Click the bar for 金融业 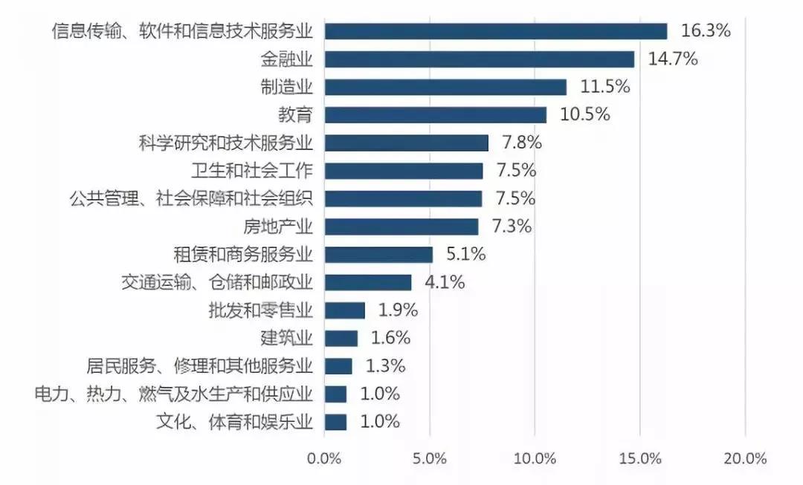coord(480,59)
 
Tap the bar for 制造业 coord(445,87)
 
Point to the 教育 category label coord(296,115)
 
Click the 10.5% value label coord(585,114)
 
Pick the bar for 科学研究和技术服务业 coord(407,143)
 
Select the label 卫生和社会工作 coord(252,171)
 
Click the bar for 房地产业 coord(401,227)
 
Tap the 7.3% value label coord(512,227)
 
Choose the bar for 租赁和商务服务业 coord(378,255)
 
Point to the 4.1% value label coord(445,282)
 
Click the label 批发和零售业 coord(261,310)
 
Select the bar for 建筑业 coord(341,339)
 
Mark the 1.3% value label coord(385,366)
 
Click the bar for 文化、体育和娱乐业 coord(335,422)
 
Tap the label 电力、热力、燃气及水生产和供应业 coord(174,394)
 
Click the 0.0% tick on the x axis coord(324,458)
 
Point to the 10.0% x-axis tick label coord(535,458)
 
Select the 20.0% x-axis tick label coord(745,458)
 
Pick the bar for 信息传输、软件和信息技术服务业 coord(496,31)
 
